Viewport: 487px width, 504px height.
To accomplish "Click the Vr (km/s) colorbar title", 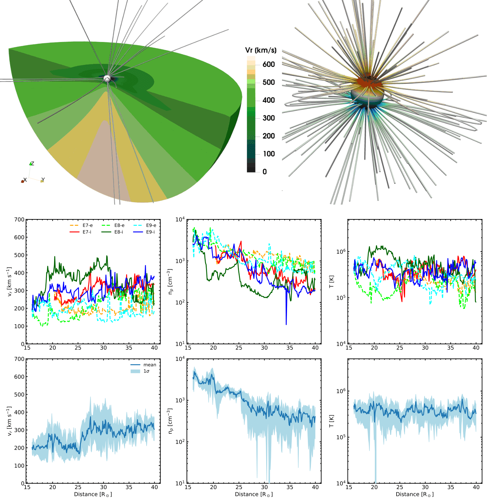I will pos(261,50).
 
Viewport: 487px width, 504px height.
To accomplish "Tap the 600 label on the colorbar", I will pos(269,65).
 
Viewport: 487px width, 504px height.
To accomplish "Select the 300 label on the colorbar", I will pos(269,118).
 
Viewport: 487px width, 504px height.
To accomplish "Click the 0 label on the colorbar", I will pos(265,172).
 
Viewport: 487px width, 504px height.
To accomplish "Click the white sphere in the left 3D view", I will pos(107,79).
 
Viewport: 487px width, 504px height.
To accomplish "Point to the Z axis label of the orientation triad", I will pos(33,164).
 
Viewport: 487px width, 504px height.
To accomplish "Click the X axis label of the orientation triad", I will pos(25,180).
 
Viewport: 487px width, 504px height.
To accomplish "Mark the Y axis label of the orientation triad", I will pos(43,180).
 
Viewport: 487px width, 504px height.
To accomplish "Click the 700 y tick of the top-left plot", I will pos(19,220).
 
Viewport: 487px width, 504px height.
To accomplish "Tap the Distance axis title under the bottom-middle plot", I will pos(254,494).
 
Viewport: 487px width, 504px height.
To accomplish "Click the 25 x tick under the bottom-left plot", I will pos(78,487).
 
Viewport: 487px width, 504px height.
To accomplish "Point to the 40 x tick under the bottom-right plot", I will pos(476,487).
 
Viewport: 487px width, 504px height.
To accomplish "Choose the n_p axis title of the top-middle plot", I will pos(170,282).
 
